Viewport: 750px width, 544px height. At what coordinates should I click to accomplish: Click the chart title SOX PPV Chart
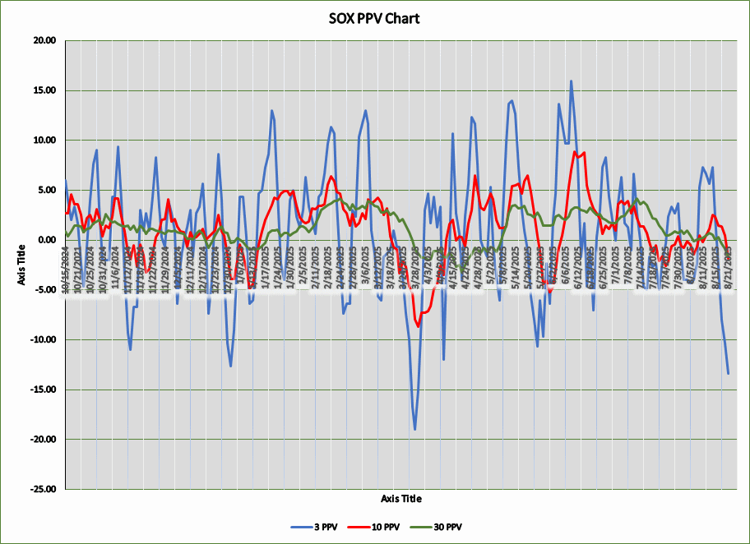(373, 18)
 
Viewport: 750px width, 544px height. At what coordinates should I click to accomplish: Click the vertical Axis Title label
(22, 265)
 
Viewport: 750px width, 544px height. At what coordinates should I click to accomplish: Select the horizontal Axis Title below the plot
(401, 498)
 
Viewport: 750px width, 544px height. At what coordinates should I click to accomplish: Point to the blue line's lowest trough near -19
(415, 429)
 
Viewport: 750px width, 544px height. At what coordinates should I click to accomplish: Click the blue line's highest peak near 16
(571, 81)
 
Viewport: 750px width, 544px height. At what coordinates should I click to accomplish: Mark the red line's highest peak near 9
(576, 151)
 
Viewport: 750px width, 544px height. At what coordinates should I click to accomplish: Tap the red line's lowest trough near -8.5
(419, 326)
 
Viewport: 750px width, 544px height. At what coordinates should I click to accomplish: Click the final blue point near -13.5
(728, 374)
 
